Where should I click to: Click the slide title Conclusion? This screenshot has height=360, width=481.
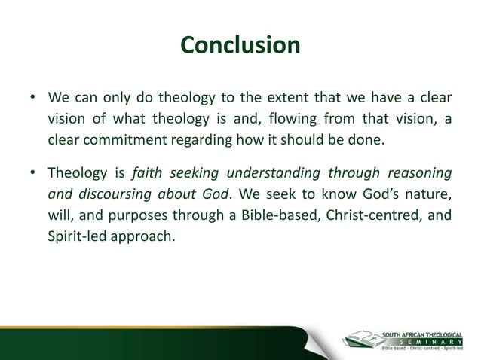click(x=240, y=45)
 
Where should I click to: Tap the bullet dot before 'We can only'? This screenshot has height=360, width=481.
click(x=32, y=99)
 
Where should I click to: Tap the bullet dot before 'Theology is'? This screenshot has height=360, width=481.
click(x=32, y=174)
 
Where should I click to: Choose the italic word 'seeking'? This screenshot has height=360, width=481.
click(x=194, y=173)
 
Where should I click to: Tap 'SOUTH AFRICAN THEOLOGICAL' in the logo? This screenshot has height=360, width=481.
click(x=426, y=331)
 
